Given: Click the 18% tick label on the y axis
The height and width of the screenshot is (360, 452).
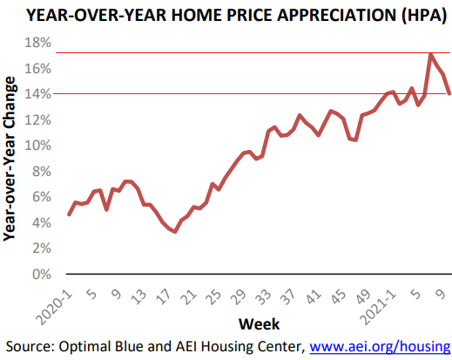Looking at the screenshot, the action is (37, 43).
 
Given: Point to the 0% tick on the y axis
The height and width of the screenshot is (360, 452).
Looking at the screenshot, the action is (42, 275).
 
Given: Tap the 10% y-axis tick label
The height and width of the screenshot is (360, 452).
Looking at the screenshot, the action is (37, 146).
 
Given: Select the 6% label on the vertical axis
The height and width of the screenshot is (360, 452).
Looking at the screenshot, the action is (42, 197).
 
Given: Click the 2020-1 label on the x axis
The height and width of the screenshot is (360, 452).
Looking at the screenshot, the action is (55, 307).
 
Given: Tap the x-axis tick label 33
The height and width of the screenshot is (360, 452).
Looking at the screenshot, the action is (264, 297).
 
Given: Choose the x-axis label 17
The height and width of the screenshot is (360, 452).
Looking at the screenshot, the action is (165, 297).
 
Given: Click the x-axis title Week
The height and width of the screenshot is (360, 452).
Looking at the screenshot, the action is (259, 324).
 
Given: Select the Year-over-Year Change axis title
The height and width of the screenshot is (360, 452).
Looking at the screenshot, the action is (9, 159).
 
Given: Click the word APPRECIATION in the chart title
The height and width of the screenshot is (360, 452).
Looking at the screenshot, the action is (337, 15).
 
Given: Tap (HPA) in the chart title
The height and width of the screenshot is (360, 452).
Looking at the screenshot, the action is (424, 15).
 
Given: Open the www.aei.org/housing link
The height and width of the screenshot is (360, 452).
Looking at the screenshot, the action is (380, 347).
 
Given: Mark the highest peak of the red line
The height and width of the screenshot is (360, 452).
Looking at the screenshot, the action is (431, 55).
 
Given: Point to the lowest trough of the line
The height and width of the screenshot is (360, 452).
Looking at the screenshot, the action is (175, 231).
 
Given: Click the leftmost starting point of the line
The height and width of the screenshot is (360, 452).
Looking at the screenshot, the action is (69, 214).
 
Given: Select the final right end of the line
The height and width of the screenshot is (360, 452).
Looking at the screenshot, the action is (449, 93).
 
